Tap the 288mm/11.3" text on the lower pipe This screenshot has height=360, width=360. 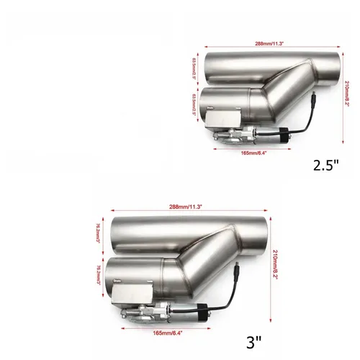click(189, 206)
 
